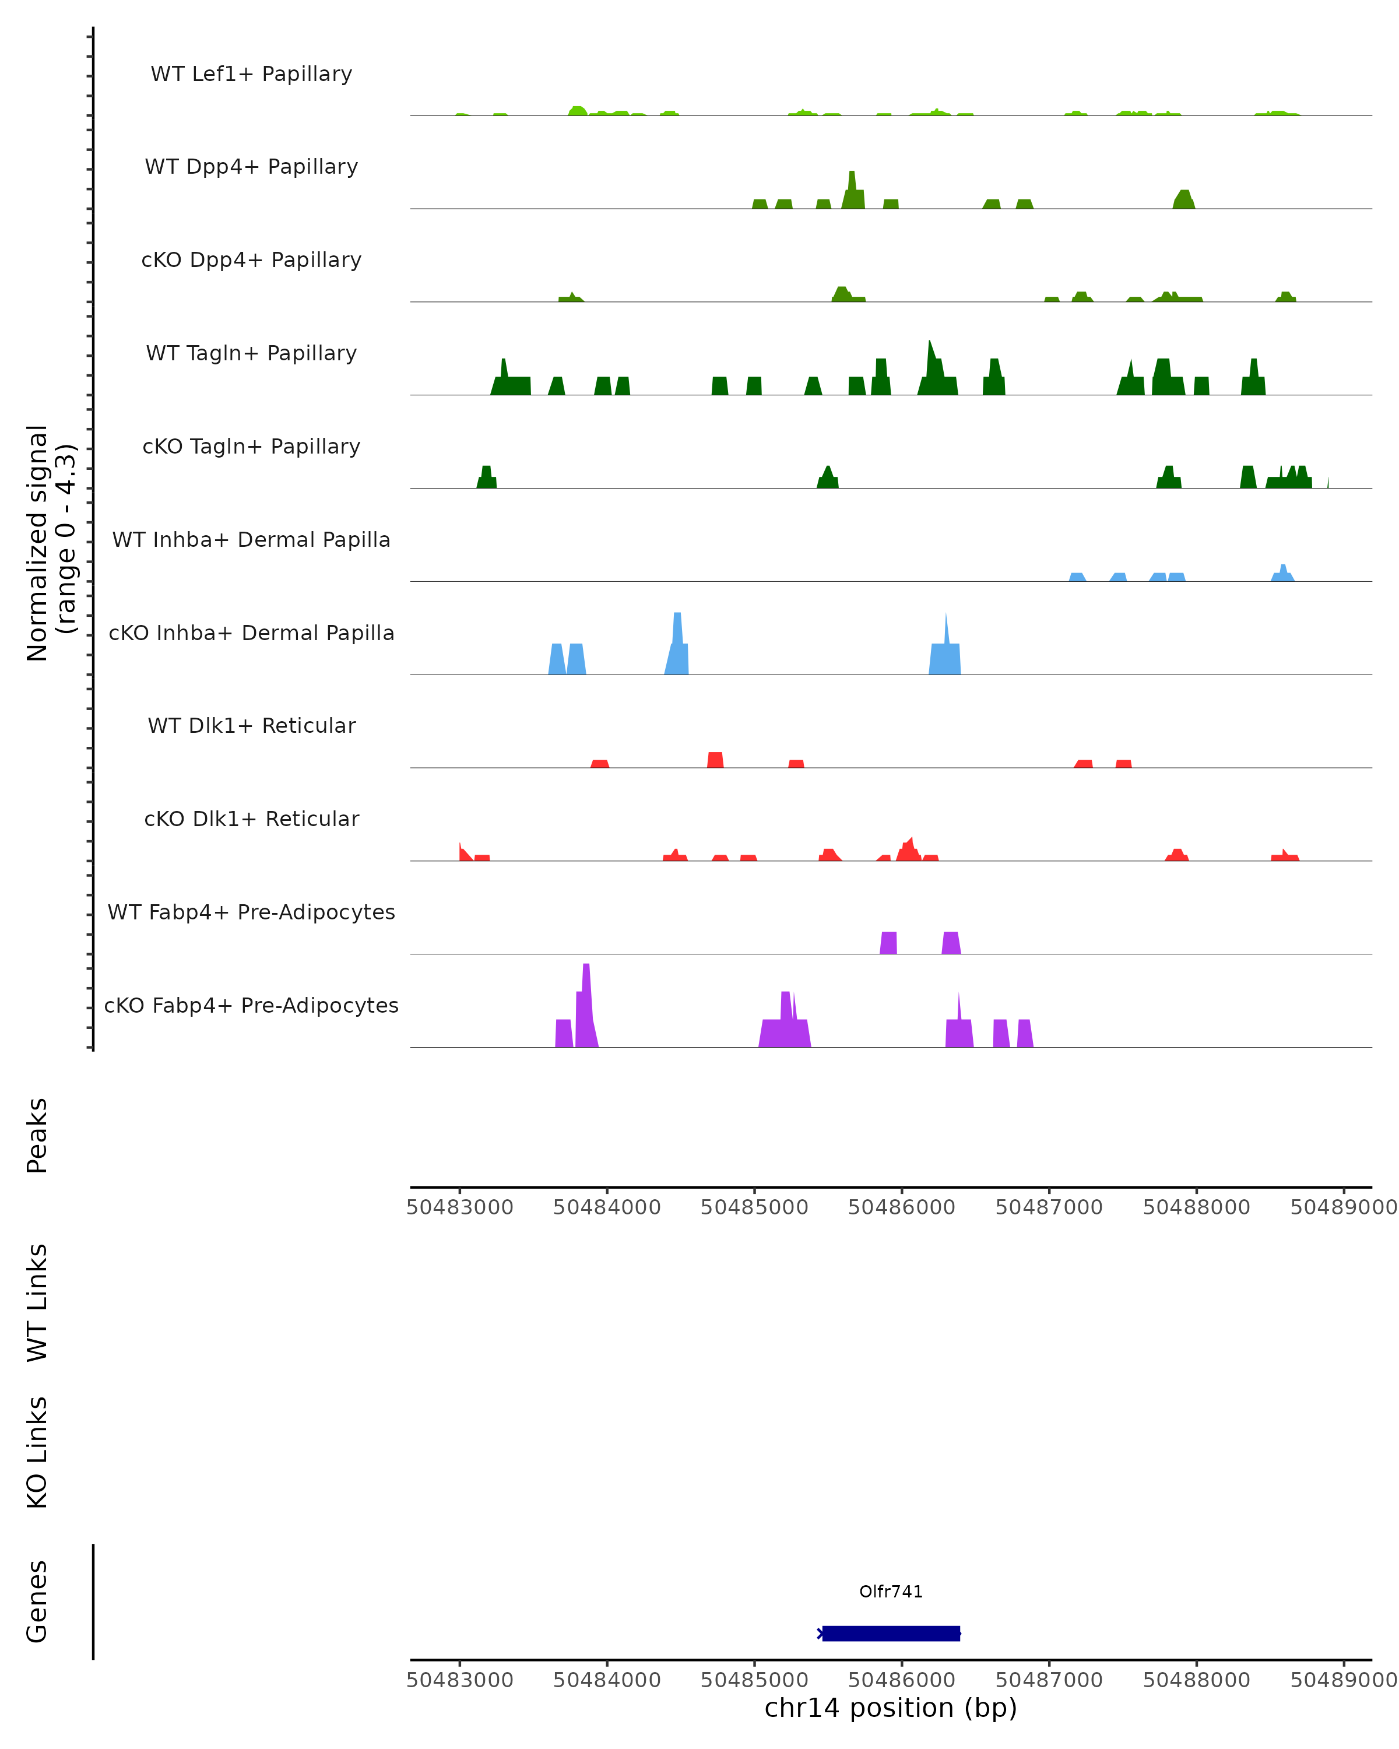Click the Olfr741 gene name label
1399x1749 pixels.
[x=891, y=1591]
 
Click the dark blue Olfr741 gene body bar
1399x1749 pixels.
[x=891, y=1633]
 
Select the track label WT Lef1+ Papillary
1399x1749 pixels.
[x=251, y=74]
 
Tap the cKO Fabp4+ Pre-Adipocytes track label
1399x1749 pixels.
[x=251, y=1005]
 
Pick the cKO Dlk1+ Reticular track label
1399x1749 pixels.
[x=251, y=819]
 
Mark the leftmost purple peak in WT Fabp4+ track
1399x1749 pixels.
[x=888, y=943]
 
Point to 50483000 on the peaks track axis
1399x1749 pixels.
[x=460, y=1207]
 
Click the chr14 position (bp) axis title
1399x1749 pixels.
[x=891, y=1708]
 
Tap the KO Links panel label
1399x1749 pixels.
[x=37, y=1452]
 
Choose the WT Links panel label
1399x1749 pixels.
[x=37, y=1302]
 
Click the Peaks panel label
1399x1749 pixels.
[x=37, y=1135]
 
